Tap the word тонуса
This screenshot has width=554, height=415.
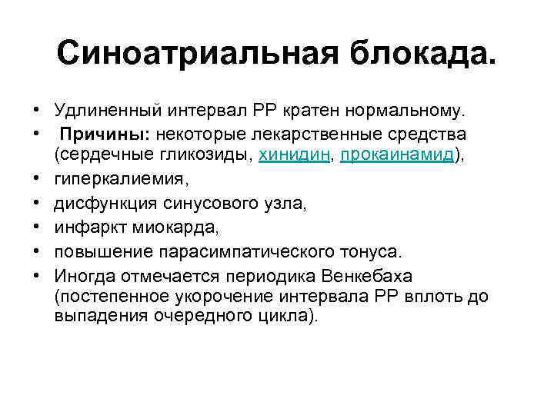(372, 251)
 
